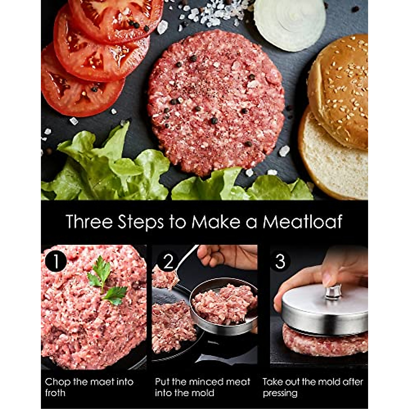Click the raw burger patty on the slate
[216, 102]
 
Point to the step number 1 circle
[56, 261]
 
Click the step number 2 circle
[168, 261]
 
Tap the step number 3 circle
[280, 261]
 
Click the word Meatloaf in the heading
[302, 222]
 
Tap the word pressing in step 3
[280, 393]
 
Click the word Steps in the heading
[141, 222]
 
